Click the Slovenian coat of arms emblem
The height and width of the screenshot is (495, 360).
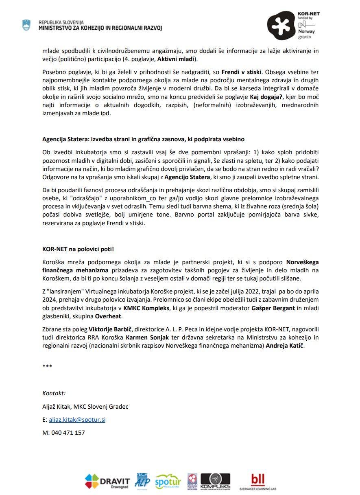(x=26, y=25)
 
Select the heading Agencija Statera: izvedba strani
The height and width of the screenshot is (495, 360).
(x=143, y=139)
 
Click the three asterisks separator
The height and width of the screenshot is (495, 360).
(x=47, y=366)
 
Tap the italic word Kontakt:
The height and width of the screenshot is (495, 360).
(x=54, y=393)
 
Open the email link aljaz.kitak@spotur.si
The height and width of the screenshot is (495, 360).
(x=77, y=420)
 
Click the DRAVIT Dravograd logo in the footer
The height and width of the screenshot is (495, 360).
(x=107, y=482)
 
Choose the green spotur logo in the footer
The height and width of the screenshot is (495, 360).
(x=168, y=482)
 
